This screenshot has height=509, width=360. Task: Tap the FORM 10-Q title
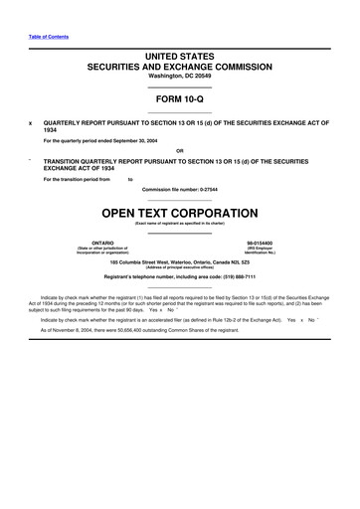[180, 99]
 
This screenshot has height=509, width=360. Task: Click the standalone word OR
[180, 151]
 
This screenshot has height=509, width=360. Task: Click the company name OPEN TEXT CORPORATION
[180, 213]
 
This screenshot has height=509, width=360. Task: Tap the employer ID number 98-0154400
[267, 242]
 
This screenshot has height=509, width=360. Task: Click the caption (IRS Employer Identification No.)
[267, 251]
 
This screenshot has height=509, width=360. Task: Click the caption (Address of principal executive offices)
[180, 267]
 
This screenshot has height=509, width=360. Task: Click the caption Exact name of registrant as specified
[180, 224]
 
